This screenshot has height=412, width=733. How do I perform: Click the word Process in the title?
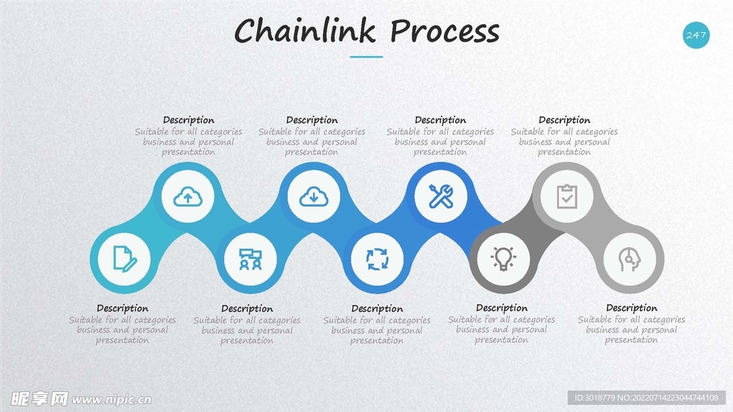pos(445,32)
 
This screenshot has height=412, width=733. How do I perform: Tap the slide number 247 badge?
pos(696,35)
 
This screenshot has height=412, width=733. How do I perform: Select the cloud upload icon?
pos(188,196)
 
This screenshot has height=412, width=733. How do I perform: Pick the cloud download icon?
pos(313,196)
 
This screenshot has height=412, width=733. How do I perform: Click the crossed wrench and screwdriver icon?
pos(440,196)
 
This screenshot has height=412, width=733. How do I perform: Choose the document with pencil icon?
pos(123,258)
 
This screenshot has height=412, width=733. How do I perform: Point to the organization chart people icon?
pos(250,258)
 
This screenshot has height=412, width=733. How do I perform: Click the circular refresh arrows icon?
pos(377,258)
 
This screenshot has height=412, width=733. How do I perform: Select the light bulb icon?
pos(503,258)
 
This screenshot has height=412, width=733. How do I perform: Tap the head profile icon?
pos(630,258)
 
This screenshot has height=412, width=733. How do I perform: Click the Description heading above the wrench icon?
pos(440,120)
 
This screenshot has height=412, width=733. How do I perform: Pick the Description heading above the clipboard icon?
pos(564,120)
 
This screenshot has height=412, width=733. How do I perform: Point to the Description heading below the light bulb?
pos(502,308)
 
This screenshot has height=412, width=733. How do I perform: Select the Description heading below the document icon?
pos(122,308)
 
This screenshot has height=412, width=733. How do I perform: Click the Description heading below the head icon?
pos(631,308)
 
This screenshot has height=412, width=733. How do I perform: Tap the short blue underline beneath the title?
pos(366,57)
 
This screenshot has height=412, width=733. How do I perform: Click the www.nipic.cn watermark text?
pos(112,398)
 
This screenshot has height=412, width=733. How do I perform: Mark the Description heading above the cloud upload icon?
pos(188,120)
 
